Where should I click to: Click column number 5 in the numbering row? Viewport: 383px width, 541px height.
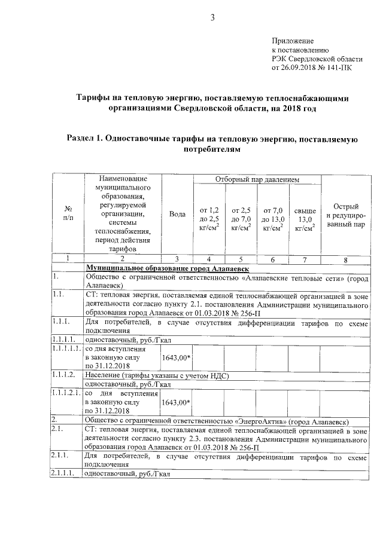click(x=241, y=259)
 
